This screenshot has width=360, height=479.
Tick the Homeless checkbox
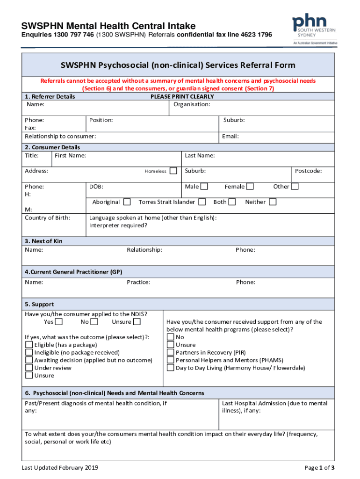(x=173, y=171)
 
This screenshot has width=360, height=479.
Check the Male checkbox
(x=204, y=187)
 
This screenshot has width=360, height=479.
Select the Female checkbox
(x=250, y=187)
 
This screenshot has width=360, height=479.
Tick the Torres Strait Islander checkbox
(x=202, y=202)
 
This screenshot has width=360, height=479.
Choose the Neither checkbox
(x=273, y=202)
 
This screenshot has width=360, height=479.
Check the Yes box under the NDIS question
(x=59, y=322)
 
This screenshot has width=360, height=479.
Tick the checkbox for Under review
(x=29, y=368)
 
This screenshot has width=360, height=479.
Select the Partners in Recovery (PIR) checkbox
(x=171, y=352)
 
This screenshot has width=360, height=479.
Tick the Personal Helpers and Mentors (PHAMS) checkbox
(x=171, y=360)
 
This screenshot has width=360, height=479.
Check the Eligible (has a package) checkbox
(x=29, y=345)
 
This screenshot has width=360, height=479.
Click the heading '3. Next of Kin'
(x=43, y=241)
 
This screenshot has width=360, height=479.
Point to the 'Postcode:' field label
(x=308, y=171)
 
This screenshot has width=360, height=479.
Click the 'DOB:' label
(x=96, y=187)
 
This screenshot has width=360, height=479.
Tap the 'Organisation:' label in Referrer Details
(x=192, y=104)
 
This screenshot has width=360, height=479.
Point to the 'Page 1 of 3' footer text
(x=319, y=468)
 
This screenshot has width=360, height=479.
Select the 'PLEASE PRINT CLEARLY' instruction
(x=182, y=96)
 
